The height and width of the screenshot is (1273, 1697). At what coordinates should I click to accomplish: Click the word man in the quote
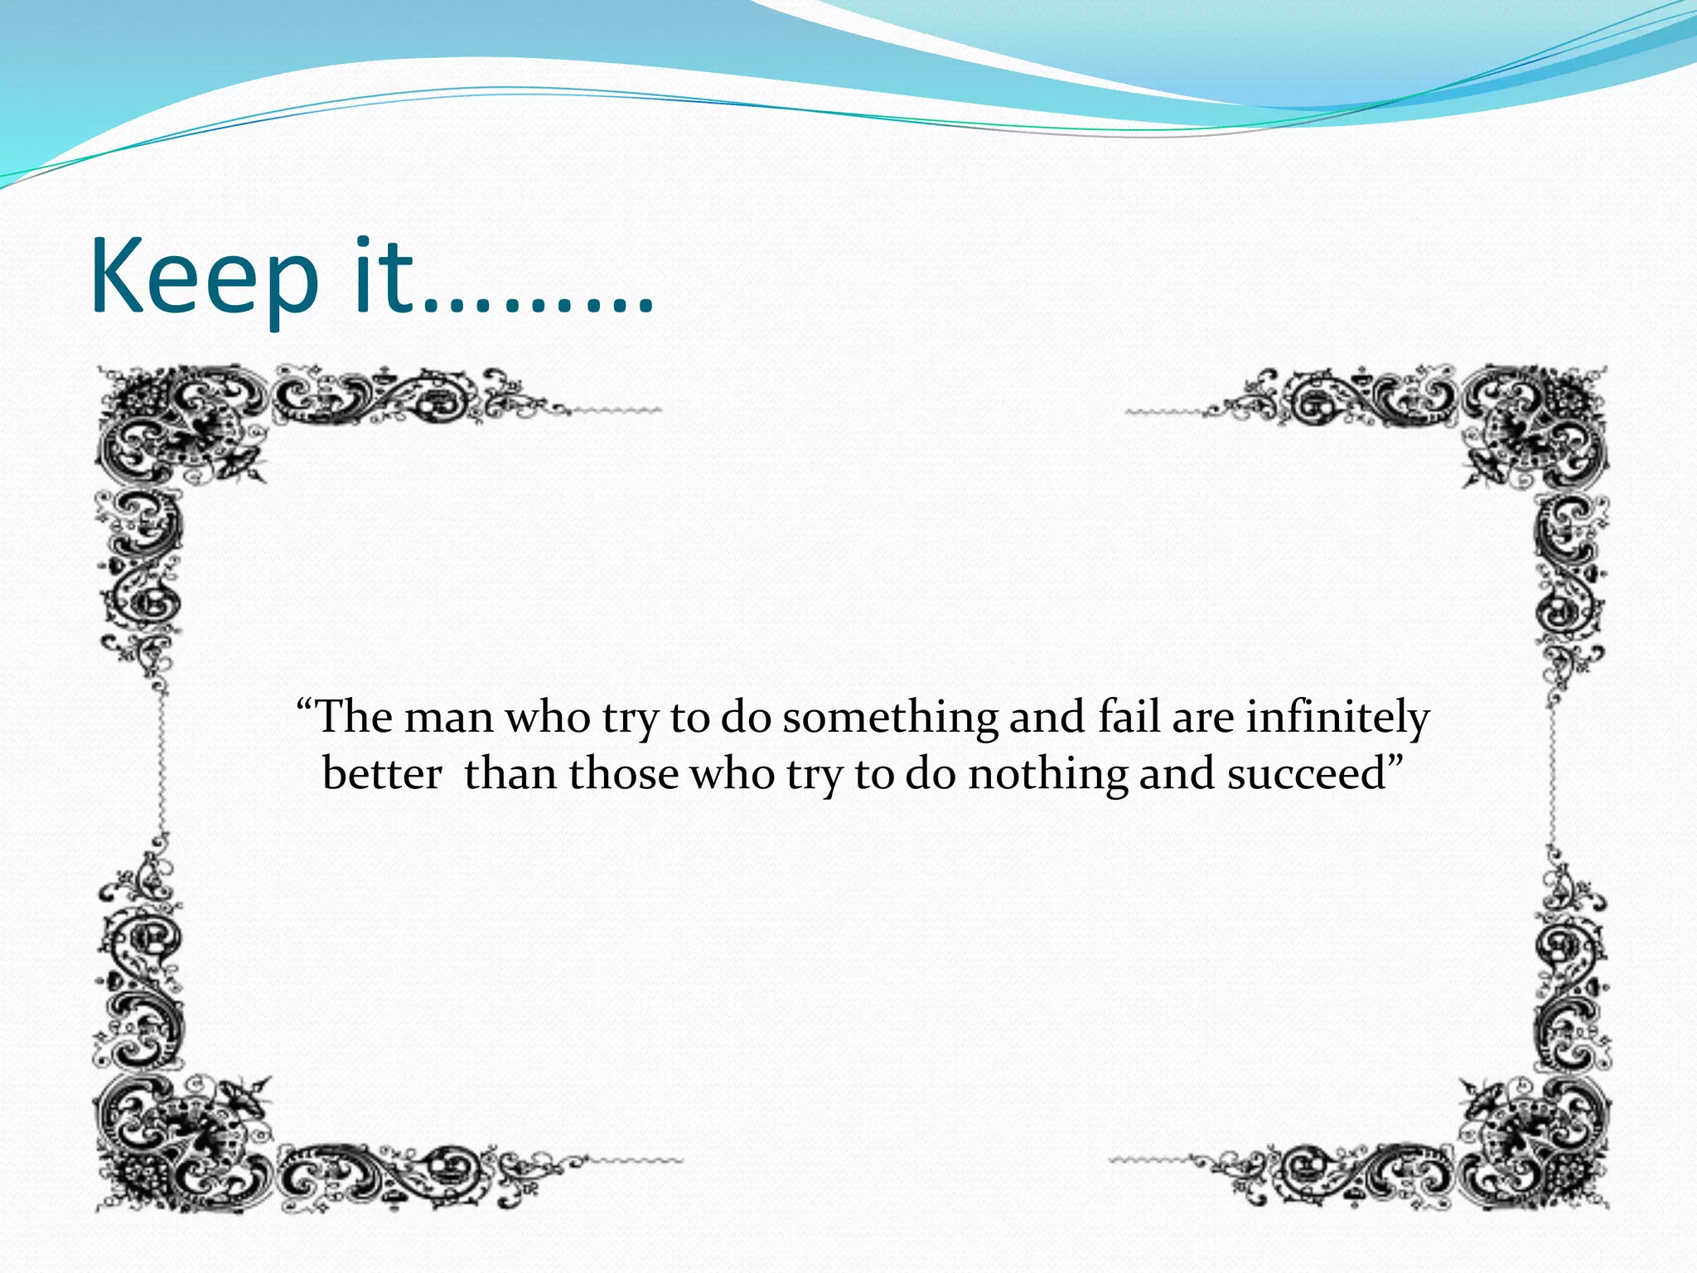coord(448,717)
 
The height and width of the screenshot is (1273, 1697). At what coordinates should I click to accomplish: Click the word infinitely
coord(1337,719)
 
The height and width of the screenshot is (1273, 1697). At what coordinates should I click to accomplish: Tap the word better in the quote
coord(382,774)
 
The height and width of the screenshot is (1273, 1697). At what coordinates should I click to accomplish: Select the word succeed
coord(1307,774)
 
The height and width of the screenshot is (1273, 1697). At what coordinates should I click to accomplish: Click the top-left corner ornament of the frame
coord(178,431)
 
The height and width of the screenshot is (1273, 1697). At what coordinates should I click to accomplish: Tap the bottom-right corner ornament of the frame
coord(1533,1144)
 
